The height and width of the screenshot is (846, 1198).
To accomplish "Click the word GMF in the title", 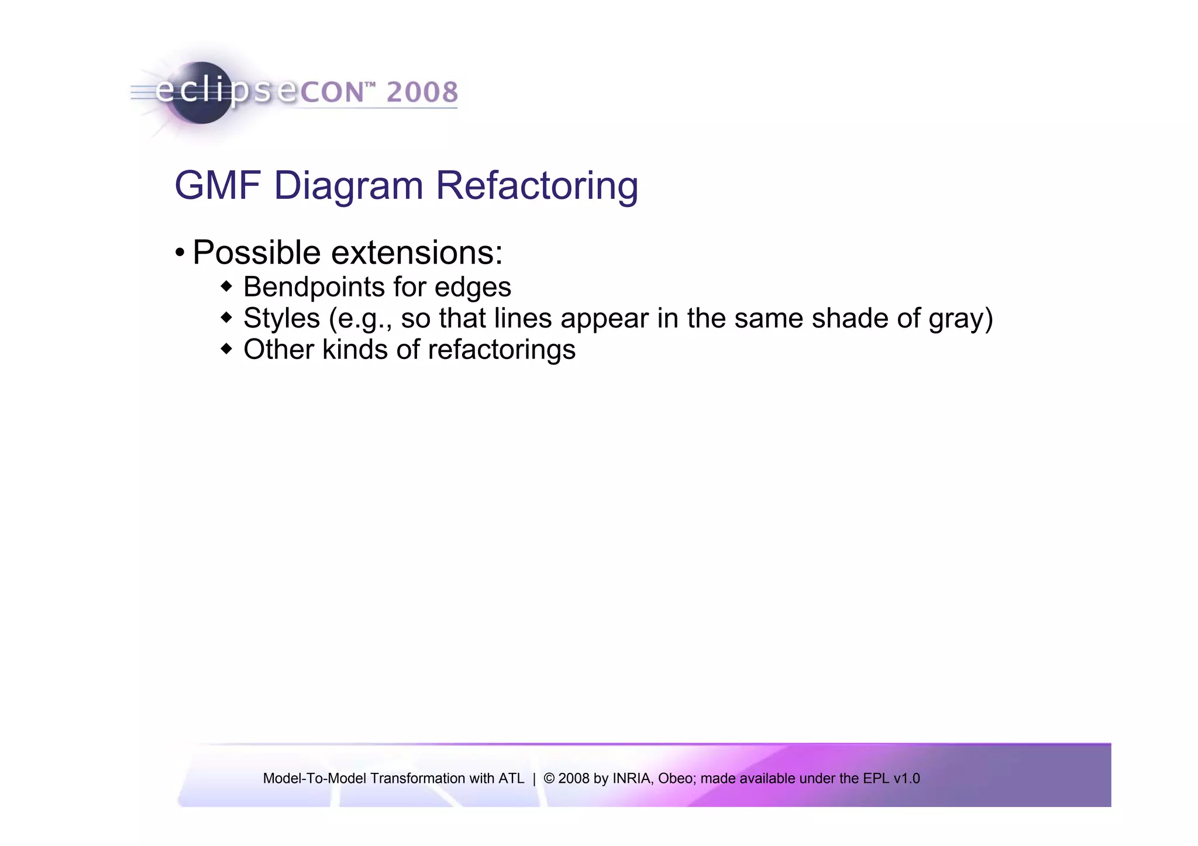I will tap(217, 186).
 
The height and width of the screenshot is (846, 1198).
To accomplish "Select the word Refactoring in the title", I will tap(536, 186).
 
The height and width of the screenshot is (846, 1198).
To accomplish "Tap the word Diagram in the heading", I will tap(348, 186).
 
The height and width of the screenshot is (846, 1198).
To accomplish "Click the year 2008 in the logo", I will tap(422, 92).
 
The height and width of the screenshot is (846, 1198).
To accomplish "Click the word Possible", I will tap(257, 253).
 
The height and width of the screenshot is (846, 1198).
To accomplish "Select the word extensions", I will tap(416, 253).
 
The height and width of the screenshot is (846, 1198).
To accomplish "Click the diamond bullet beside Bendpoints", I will tap(226, 286).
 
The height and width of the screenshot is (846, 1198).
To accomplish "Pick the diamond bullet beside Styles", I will tap(226, 318).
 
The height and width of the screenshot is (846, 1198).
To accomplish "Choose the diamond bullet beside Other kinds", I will tap(226, 350).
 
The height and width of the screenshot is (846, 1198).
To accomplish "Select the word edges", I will tap(473, 287).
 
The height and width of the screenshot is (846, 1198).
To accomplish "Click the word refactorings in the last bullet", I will tap(501, 350).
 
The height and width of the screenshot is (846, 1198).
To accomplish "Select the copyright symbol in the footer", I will tap(549, 779).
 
